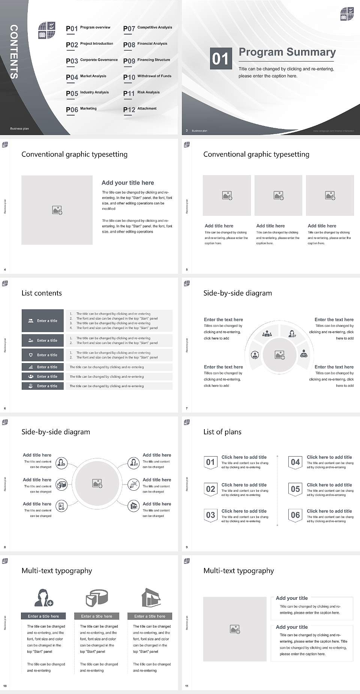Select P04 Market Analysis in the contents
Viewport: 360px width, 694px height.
(x=86, y=77)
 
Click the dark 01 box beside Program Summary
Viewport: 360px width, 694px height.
(x=220, y=59)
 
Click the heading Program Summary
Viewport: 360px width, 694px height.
(x=287, y=52)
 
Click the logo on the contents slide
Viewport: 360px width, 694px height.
(x=47, y=30)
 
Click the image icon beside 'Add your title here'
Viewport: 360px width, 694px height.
(x=57, y=210)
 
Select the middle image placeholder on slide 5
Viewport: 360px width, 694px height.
(x=278, y=195)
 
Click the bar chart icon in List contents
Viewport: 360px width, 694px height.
(x=31, y=367)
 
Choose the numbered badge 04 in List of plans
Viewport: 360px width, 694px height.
(x=295, y=462)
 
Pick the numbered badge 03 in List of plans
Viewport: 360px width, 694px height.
(x=210, y=515)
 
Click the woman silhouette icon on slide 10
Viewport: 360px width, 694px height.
(x=43, y=598)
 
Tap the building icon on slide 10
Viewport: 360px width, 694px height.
(x=151, y=598)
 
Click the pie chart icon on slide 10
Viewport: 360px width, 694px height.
(x=97, y=598)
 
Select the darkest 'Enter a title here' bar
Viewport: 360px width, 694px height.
(x=43, y=616)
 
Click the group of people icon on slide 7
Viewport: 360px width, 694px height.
(x=267, y=333)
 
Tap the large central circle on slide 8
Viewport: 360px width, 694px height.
(x=97, y=483)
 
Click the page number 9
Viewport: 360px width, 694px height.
(x=187, y=547)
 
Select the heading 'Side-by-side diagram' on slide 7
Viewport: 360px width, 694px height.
(x=237, y=293)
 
